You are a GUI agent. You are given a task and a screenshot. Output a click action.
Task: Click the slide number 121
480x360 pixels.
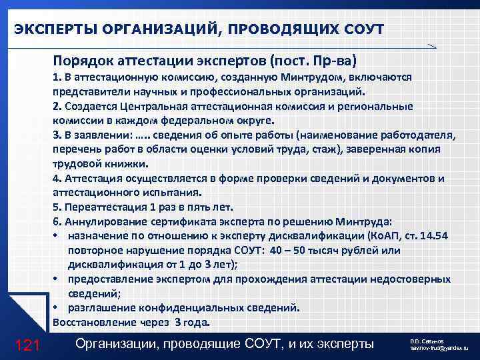[x=28, y=345]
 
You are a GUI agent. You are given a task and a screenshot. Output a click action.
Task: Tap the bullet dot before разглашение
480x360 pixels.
[x=56, y=308]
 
